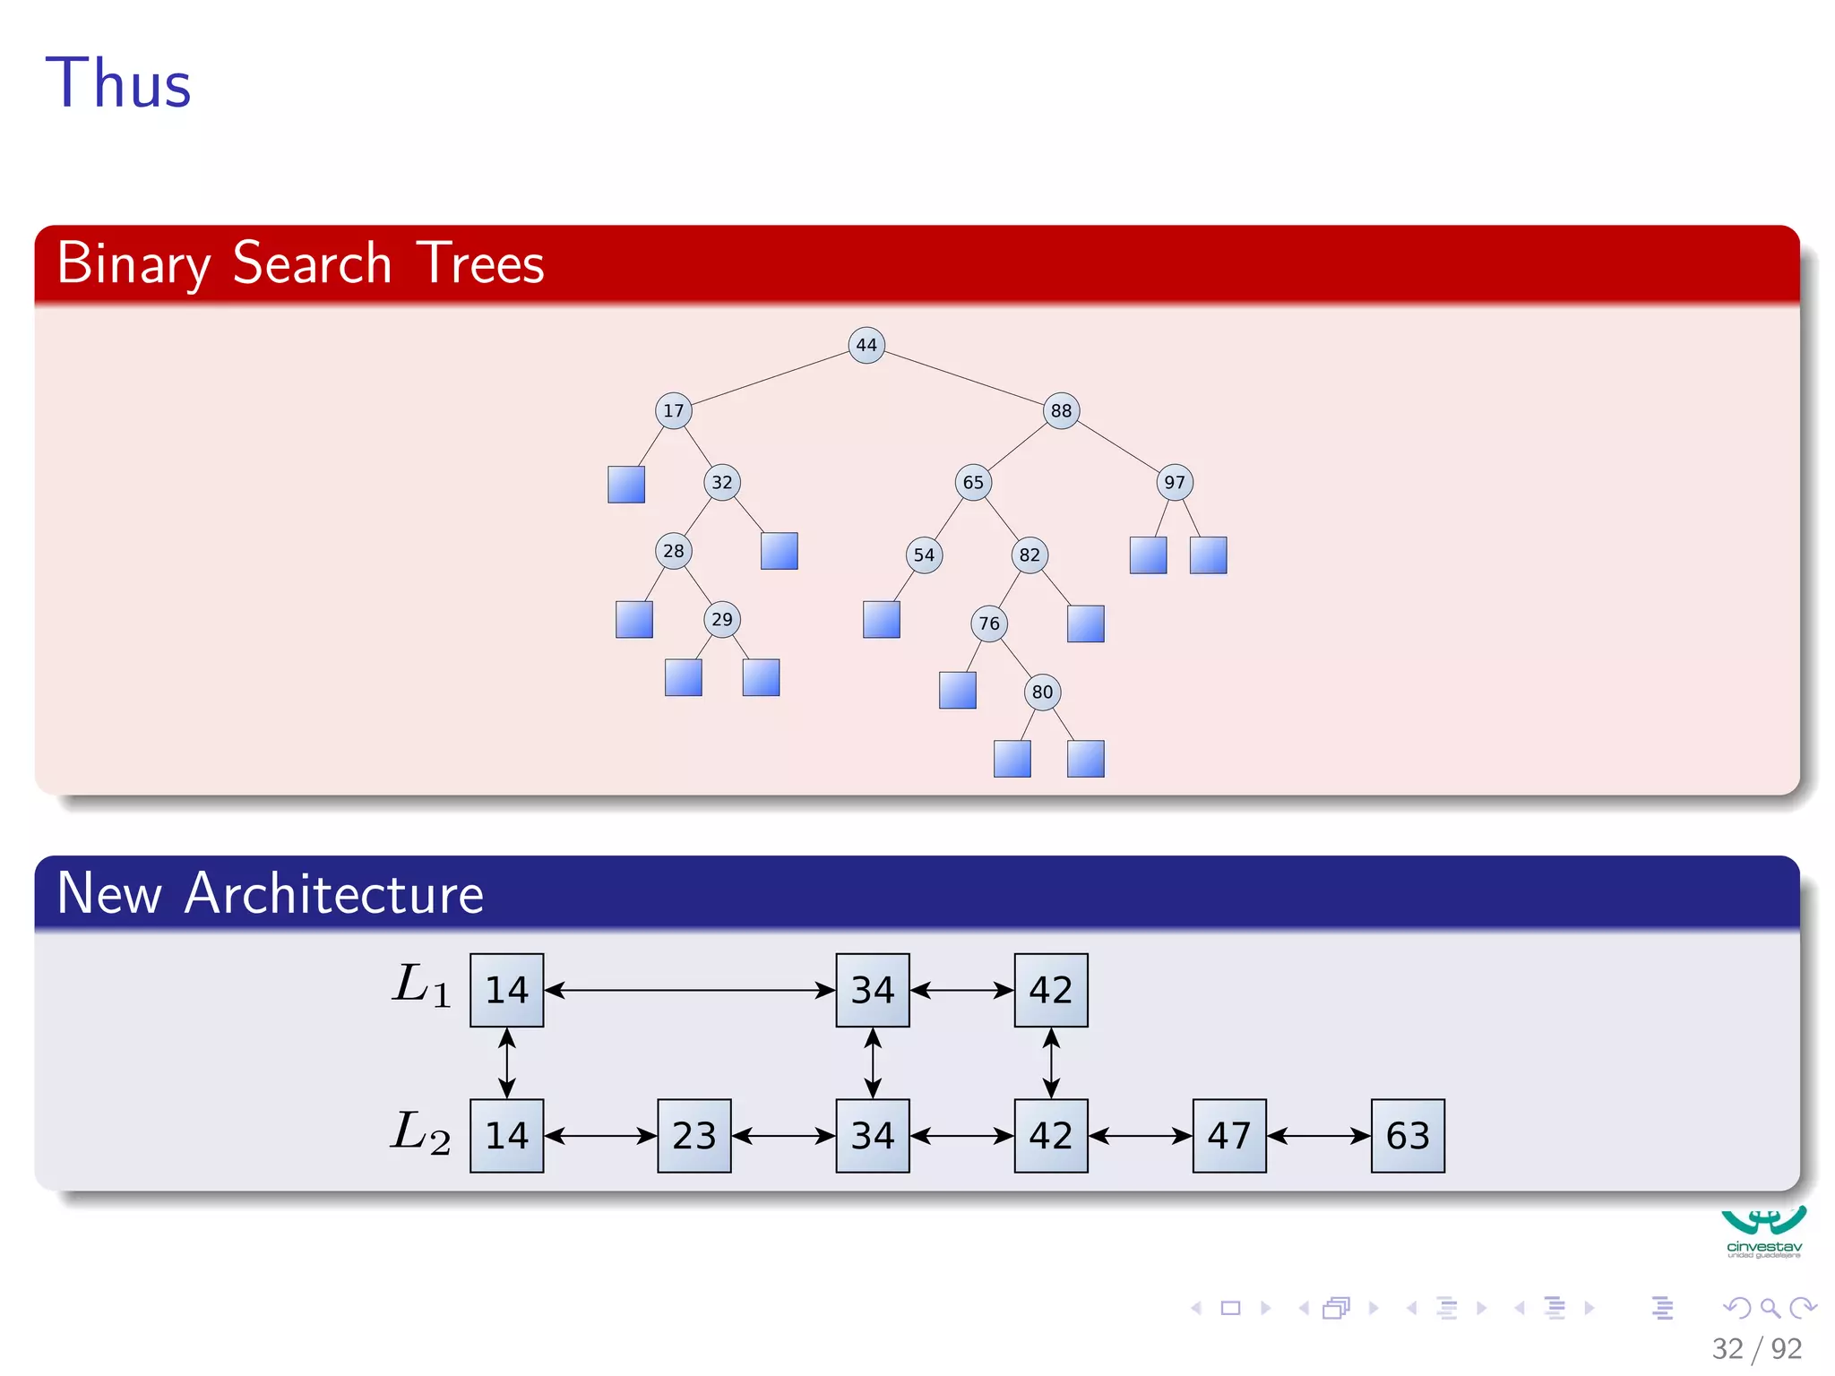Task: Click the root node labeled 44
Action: tap(866, 345)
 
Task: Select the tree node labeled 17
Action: tap(673, 410)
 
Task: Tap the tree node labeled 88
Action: tap(1061, 410)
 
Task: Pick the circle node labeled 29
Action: tap(721, 619)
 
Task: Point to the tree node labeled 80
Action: tap(1042, 692)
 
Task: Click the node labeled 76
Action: tap(988, 623)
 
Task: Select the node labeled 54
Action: tap(924, 555)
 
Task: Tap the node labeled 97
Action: tap(1174, 482)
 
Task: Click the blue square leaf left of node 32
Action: tap(625, 485)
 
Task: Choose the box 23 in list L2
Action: tap(694, 1135)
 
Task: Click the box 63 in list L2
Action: tap(1407, 1135)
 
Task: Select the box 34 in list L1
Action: tap(872, 990)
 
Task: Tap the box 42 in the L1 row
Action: tap(1050, 990)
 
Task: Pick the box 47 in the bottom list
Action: tap(1228, 1135)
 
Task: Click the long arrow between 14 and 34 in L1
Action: tap(689, 990)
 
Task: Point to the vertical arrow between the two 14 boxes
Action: tap(506, 1062)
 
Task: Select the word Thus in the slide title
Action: tap(118, 83)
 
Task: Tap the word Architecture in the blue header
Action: tap(333, 893)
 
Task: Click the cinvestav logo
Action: tap(1762, 1232)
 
